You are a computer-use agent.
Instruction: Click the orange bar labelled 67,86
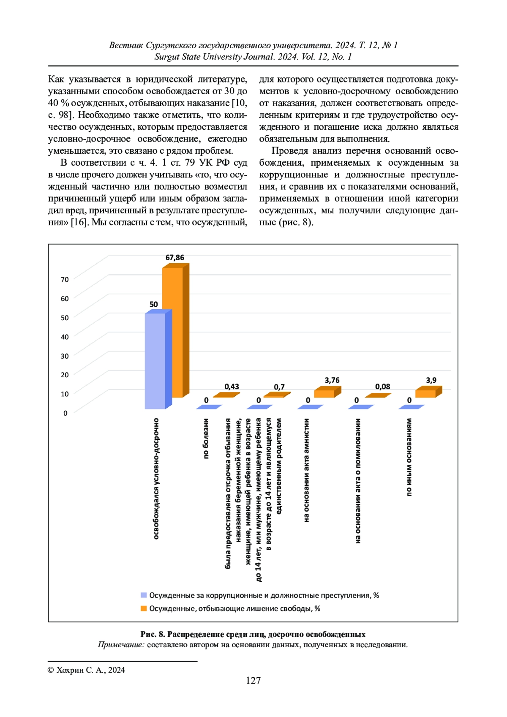(173, 332)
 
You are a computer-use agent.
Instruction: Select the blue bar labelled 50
(155, 361)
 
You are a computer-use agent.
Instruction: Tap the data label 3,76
(332, 380)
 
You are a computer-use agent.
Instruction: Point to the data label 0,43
(232, 387)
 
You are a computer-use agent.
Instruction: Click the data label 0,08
(383, 387)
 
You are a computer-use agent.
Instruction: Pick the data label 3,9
(431, 380)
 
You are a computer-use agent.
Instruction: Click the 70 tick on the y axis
(65, 280)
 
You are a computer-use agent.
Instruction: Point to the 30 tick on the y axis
(65, 356)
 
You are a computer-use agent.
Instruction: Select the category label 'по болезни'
(206, 439)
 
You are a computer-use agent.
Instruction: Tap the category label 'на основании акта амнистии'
(307, 470)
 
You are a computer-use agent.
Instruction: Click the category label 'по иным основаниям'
(409, 457)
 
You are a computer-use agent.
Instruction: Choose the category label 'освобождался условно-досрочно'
(156, 479)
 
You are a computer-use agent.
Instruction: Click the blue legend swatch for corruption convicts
(144, 595)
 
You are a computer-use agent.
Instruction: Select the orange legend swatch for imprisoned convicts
(144, 608)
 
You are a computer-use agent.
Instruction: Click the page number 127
(253, 680)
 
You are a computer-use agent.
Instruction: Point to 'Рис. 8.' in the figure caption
(153, 634)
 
